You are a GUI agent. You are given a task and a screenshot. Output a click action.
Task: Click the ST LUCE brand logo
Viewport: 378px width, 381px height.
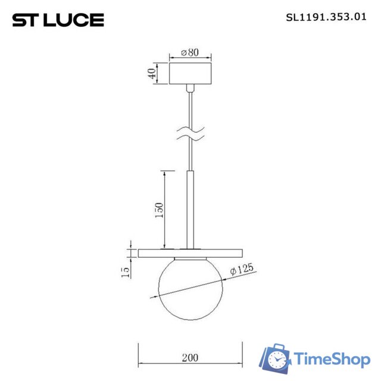[x=58, y=20]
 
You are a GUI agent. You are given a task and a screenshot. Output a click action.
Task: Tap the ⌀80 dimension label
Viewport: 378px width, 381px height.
[x=190, y=52]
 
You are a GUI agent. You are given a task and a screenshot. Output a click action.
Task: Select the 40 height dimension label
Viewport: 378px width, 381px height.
[x=152, y=74]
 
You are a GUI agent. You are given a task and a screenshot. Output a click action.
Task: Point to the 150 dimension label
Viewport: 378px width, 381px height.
[x=159, y=210]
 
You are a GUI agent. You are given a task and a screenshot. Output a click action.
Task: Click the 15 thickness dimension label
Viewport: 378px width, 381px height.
[x=125, y=272]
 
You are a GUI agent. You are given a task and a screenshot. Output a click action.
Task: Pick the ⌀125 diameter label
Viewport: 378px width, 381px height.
[x=242, y=270]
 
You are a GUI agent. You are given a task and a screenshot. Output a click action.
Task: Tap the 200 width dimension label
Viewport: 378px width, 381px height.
[x=190, y=358]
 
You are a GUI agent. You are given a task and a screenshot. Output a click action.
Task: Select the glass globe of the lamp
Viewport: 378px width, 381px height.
[x=190, y=283]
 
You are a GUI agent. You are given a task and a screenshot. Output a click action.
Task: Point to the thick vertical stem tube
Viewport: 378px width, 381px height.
[x=190, y=208]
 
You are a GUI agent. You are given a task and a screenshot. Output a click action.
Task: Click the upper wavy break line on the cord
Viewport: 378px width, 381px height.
[x=190, y=127]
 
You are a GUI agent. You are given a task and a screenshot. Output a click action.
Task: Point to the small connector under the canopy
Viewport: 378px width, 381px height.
[x=190, y=89]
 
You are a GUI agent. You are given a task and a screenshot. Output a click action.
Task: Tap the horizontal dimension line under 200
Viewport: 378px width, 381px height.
[x=190, y=364]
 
